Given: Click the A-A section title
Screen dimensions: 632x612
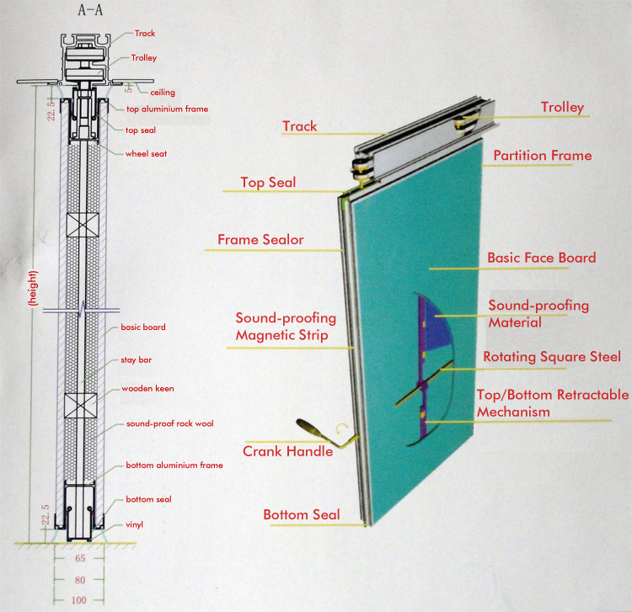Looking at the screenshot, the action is coord(90,10).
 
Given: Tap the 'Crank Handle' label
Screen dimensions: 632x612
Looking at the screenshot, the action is coord(288,451).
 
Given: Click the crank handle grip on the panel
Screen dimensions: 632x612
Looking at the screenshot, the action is coord(309,427).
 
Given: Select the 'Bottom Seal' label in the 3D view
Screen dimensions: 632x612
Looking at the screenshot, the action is coord(302,514).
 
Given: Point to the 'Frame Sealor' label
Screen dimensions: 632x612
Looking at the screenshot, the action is coord(260,240).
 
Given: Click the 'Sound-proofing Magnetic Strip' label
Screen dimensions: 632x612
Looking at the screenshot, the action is coord(286,327).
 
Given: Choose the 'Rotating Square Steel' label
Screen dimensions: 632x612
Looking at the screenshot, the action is coord(552,357).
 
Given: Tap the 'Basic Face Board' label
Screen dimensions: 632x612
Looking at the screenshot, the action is coord(541,258).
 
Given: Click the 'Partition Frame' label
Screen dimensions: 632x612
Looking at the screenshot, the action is coord(543,156).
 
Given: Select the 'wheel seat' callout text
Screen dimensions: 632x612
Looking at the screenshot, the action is coord(146,153).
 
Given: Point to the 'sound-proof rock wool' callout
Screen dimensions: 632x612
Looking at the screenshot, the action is coord(169,423).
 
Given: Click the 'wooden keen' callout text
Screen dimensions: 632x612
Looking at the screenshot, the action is coord(147,389).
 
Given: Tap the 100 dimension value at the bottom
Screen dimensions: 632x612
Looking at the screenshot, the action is coord(79,600).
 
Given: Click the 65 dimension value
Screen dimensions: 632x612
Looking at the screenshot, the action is coord(80,558).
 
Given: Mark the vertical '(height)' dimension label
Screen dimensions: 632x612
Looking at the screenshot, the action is coord(34,288).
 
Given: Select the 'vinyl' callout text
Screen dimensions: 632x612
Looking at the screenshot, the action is coord(134,524).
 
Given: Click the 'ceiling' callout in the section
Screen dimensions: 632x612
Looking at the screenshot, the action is coord(163,93).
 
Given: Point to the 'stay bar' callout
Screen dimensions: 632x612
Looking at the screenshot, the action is coord(137,360).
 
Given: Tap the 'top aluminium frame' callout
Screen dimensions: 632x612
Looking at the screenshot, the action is coord(167,109).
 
